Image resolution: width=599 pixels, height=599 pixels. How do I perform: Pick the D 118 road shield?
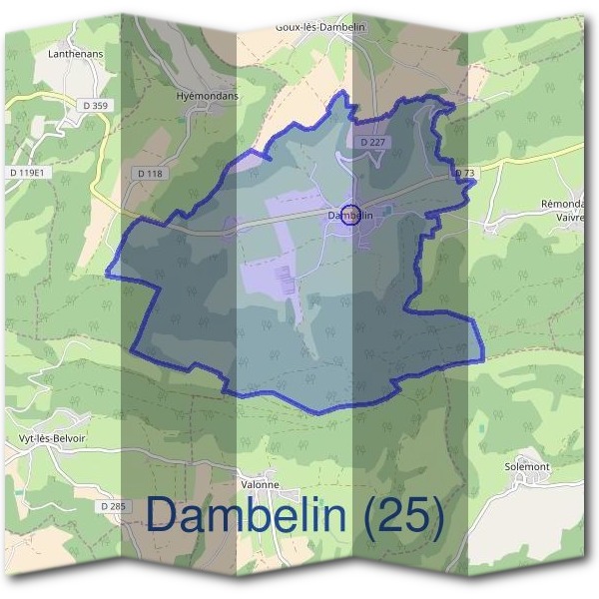[148, 174]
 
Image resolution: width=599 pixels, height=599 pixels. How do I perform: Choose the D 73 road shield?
[464, 173]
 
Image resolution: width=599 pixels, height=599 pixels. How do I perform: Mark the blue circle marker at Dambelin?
[350, 215]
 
